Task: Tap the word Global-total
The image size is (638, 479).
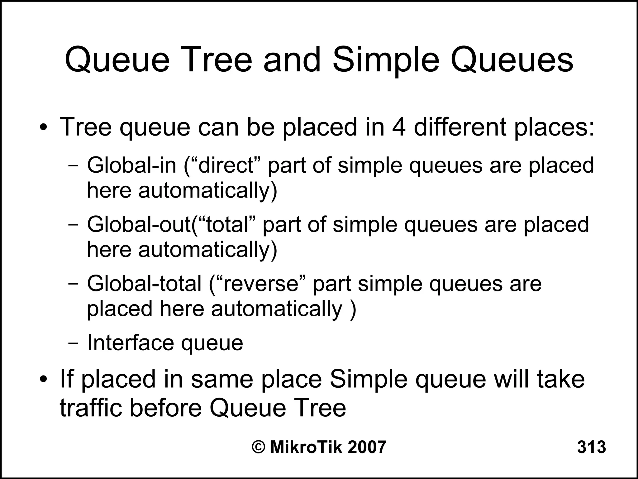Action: point(144,284)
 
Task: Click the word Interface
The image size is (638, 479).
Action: point(130,343)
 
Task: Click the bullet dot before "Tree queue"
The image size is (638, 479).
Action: point(44,128)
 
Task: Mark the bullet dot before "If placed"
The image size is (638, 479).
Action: point(44,380)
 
